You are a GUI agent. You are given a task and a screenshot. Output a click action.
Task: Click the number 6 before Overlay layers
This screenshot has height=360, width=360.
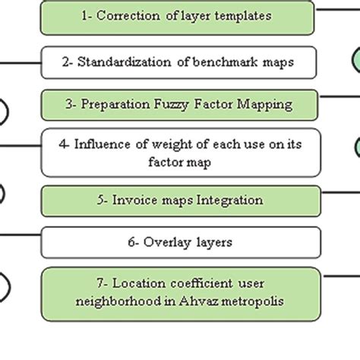131,243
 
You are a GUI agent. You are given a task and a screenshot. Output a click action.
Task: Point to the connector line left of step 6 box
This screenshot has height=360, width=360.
20,235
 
